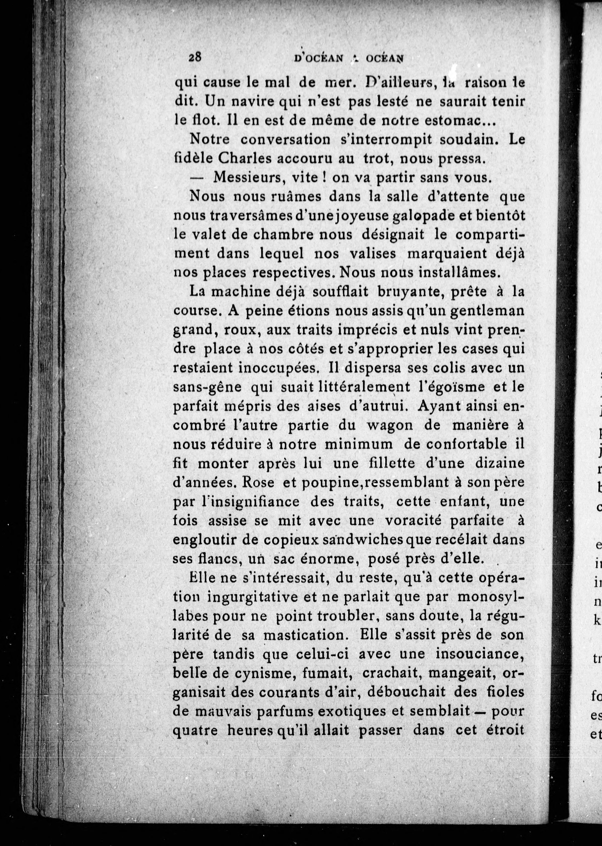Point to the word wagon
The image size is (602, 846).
(x=390, y=425)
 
